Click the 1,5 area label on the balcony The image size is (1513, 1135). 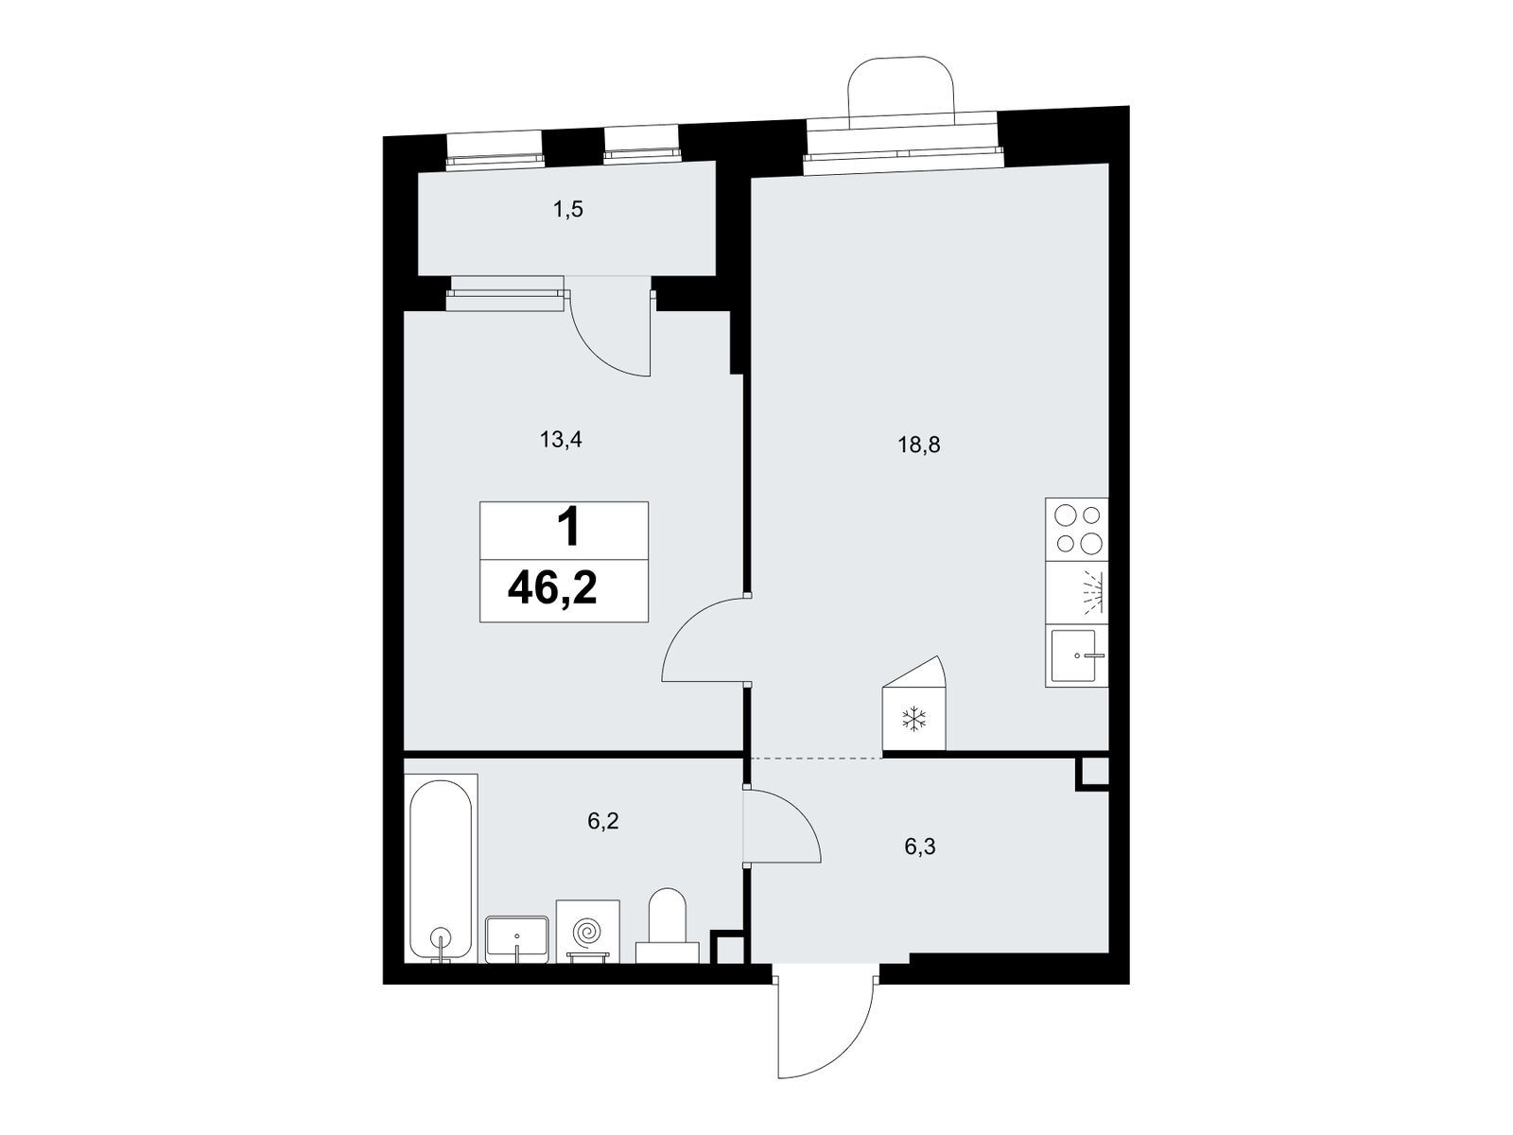tap(568, 209)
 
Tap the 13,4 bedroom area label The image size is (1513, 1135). tap(561, 439)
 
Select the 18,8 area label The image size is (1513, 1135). tap(919, 445)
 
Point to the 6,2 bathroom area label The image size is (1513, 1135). tap(603, 821)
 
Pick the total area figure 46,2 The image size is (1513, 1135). tap(552, 589)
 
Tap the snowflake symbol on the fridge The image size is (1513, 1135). tap(914, 719)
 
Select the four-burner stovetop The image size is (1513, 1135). tap(1076, 530)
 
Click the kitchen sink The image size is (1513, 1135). tap(1076, 655)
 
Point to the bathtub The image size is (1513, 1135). tap(441, 868)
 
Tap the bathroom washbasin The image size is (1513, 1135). tap(517, 938)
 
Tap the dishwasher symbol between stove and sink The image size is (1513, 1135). tap(1076, 593)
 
